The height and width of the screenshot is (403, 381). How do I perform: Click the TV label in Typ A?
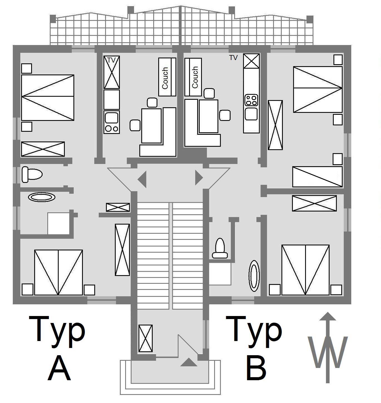tap(111, 60)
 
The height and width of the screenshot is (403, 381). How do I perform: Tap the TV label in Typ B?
tap(233, 58)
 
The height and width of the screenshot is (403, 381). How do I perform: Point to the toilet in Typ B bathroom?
tap(220, 248)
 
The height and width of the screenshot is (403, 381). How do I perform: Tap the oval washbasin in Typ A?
tap(41, 197)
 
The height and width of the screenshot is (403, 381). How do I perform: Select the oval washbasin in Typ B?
tap(254, 275)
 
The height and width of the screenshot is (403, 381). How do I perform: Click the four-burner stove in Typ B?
tap(251, 100)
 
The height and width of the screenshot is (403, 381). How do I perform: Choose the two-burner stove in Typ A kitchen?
tap(112, 128)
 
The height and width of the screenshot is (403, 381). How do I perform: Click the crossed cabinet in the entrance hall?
tap(145, 338)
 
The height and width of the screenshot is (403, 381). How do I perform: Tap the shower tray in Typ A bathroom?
tap(58, 223)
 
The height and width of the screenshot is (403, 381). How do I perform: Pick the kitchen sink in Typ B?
tap(251, 114)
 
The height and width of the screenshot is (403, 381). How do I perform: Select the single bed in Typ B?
tap(317, 177)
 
